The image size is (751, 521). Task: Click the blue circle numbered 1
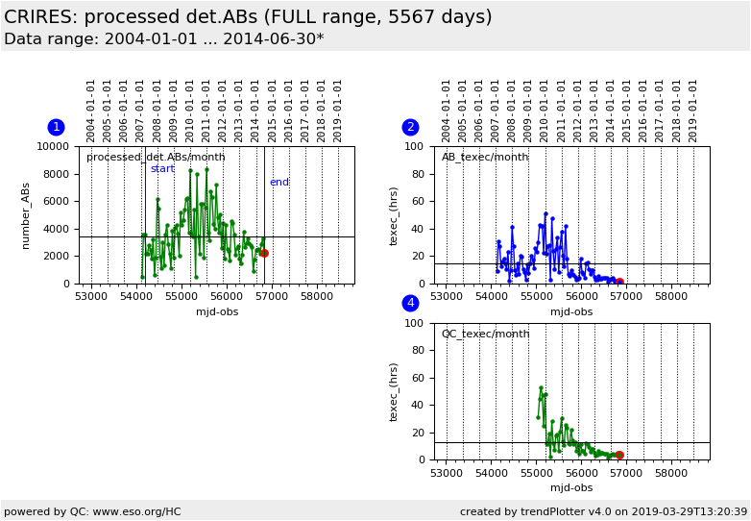(56, 127)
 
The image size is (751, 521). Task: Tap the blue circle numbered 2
(410, 127)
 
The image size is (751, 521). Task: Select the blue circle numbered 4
(410, 303)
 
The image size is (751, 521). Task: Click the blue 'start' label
(162, 169)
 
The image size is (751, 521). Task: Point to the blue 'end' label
(279, 182)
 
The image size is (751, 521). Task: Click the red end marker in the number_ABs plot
(264, 253)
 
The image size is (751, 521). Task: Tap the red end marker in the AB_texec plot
(619, 283)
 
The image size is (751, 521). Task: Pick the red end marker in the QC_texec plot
(619, 455)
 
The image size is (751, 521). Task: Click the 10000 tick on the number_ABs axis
(53, 146)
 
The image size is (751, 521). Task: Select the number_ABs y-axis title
(25, 215)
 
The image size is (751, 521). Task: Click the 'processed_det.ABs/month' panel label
(156, 158)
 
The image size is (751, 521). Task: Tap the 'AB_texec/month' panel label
(485, 158)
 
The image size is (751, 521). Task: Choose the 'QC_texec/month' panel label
(485, 334)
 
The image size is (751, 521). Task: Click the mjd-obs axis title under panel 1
(217, 312)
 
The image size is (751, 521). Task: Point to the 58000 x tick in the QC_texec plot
(671, 473)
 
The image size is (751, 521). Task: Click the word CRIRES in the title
(40, 16)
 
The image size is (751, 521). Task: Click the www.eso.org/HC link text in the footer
(137, 511)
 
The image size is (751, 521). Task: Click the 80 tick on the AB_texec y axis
(418, 174)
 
